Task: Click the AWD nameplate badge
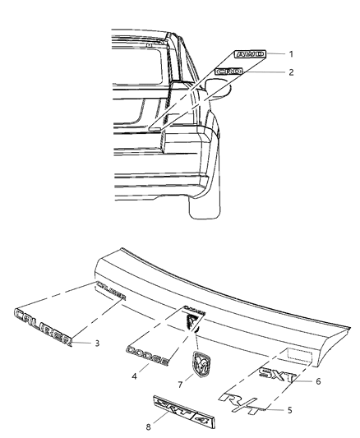pyautogui.click(x=249, y=54)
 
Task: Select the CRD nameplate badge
pyautogui.click(x=230, y=72)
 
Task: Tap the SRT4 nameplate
pyautogui.click(x=177, y=410)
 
